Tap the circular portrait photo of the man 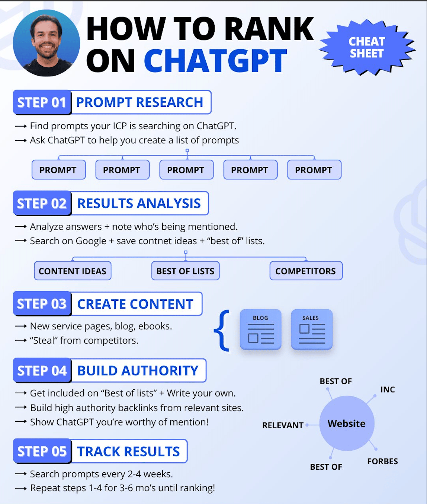pyautogui.click(x=46, y=43)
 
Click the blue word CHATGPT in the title pyautogui.click(x=215, y=60)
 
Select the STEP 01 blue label pyautogui.click(x=42, y=102)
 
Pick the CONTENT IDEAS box pyautogui.click(x=73, y=271)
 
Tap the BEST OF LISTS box pyautogui.click(x=186, y=271)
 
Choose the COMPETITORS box pyautogui.click(x=306, y=271)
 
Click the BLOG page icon pyautogui.click(x=260, y=329)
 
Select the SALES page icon pyautogui.click(x=312, y=329)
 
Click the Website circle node pyautogui.click(x=347, y=424)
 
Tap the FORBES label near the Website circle pyautogui.click(x=382, y=461)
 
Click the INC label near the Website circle pyautogui.click(x=388, y=390)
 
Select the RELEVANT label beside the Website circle pyautogui.click(x=283, y=425)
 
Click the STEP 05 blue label pyautogui.click(x=42, y=451)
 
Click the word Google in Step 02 pyautogui.click(x=91, y=241)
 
